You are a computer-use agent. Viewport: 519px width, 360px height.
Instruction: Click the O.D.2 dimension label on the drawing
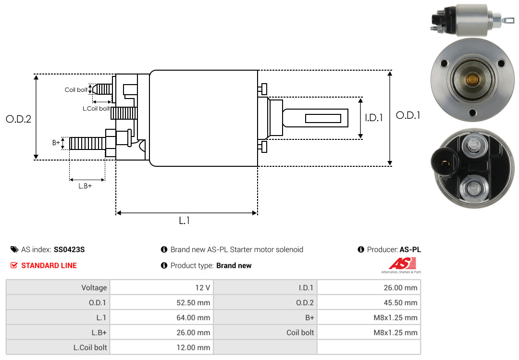[19, 119]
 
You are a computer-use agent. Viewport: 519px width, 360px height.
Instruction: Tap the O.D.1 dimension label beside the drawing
[408, 115]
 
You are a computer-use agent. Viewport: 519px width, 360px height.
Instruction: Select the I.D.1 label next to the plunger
[374, 118]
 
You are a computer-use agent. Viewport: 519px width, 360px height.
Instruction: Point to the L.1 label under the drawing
[185, 221]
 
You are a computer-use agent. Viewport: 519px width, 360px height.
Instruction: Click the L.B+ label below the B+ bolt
[85, 186]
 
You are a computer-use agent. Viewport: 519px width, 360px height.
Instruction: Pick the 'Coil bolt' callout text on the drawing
[76, 90]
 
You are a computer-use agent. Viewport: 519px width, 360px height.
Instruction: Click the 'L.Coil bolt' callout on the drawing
[96, 108]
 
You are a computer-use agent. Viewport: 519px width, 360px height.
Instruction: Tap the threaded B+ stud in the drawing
[87, 143]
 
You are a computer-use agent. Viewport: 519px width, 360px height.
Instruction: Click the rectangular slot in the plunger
[323, 118]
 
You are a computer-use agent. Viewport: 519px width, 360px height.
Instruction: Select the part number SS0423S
[69, 249]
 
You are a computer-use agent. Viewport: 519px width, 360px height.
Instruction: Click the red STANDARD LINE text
[49, 266]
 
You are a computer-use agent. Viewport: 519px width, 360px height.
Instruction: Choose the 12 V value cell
[161, 287]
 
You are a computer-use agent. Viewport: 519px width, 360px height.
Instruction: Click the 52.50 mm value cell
[161, 302]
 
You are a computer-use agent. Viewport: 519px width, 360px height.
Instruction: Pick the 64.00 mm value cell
[161, 317]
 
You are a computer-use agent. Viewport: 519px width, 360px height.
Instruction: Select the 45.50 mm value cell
[369, 302]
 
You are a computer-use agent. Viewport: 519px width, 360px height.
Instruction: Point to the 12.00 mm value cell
[161, 347]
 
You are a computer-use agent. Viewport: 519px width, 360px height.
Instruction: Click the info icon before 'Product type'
[164, 265]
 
